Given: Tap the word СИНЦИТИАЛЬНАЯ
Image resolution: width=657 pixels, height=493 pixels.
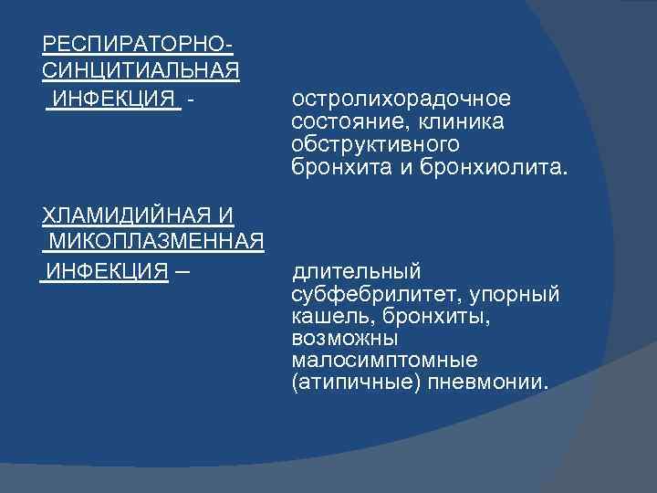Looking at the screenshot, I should (x=141, y=70).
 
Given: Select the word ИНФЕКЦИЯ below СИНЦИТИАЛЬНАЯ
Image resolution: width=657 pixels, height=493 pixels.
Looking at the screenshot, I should (x=115, y=98).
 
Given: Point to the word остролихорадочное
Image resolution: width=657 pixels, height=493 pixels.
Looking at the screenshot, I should (x=401, y=98).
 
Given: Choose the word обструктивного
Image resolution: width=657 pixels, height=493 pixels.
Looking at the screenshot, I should (x=375, y=145).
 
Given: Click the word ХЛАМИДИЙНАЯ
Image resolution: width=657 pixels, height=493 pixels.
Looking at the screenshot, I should (x=127, y=215).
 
